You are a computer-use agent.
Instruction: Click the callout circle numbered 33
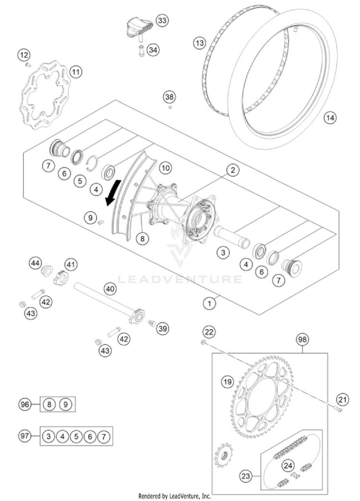pyautogui.click(x=163, y=20)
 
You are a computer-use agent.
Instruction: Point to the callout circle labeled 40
pyautogui.click(x=110, y=289)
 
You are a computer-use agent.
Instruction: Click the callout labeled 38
pyautogui.click(x=169, y=97)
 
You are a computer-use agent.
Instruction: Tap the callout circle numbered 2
pyautogui.click(x=232, y=171)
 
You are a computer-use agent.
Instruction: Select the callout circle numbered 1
pyautogui.click(x=209, y=303)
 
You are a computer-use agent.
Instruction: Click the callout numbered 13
pyautogui.click(x=200, y=43)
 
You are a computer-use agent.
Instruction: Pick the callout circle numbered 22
pyautogui.click(x=209, y=331)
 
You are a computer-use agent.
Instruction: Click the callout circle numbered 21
pyautogui.click(x=342, y=398)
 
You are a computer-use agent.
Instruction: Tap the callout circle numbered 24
pyautogui.click(x=288, y=464)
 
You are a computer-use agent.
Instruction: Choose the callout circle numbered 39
pyautogui.click(x=163, y=329)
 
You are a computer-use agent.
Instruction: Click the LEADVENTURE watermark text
pyautogui.click(x=180, y=279)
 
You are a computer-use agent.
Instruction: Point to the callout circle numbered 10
pyautogui.click(x=165, y=168)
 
